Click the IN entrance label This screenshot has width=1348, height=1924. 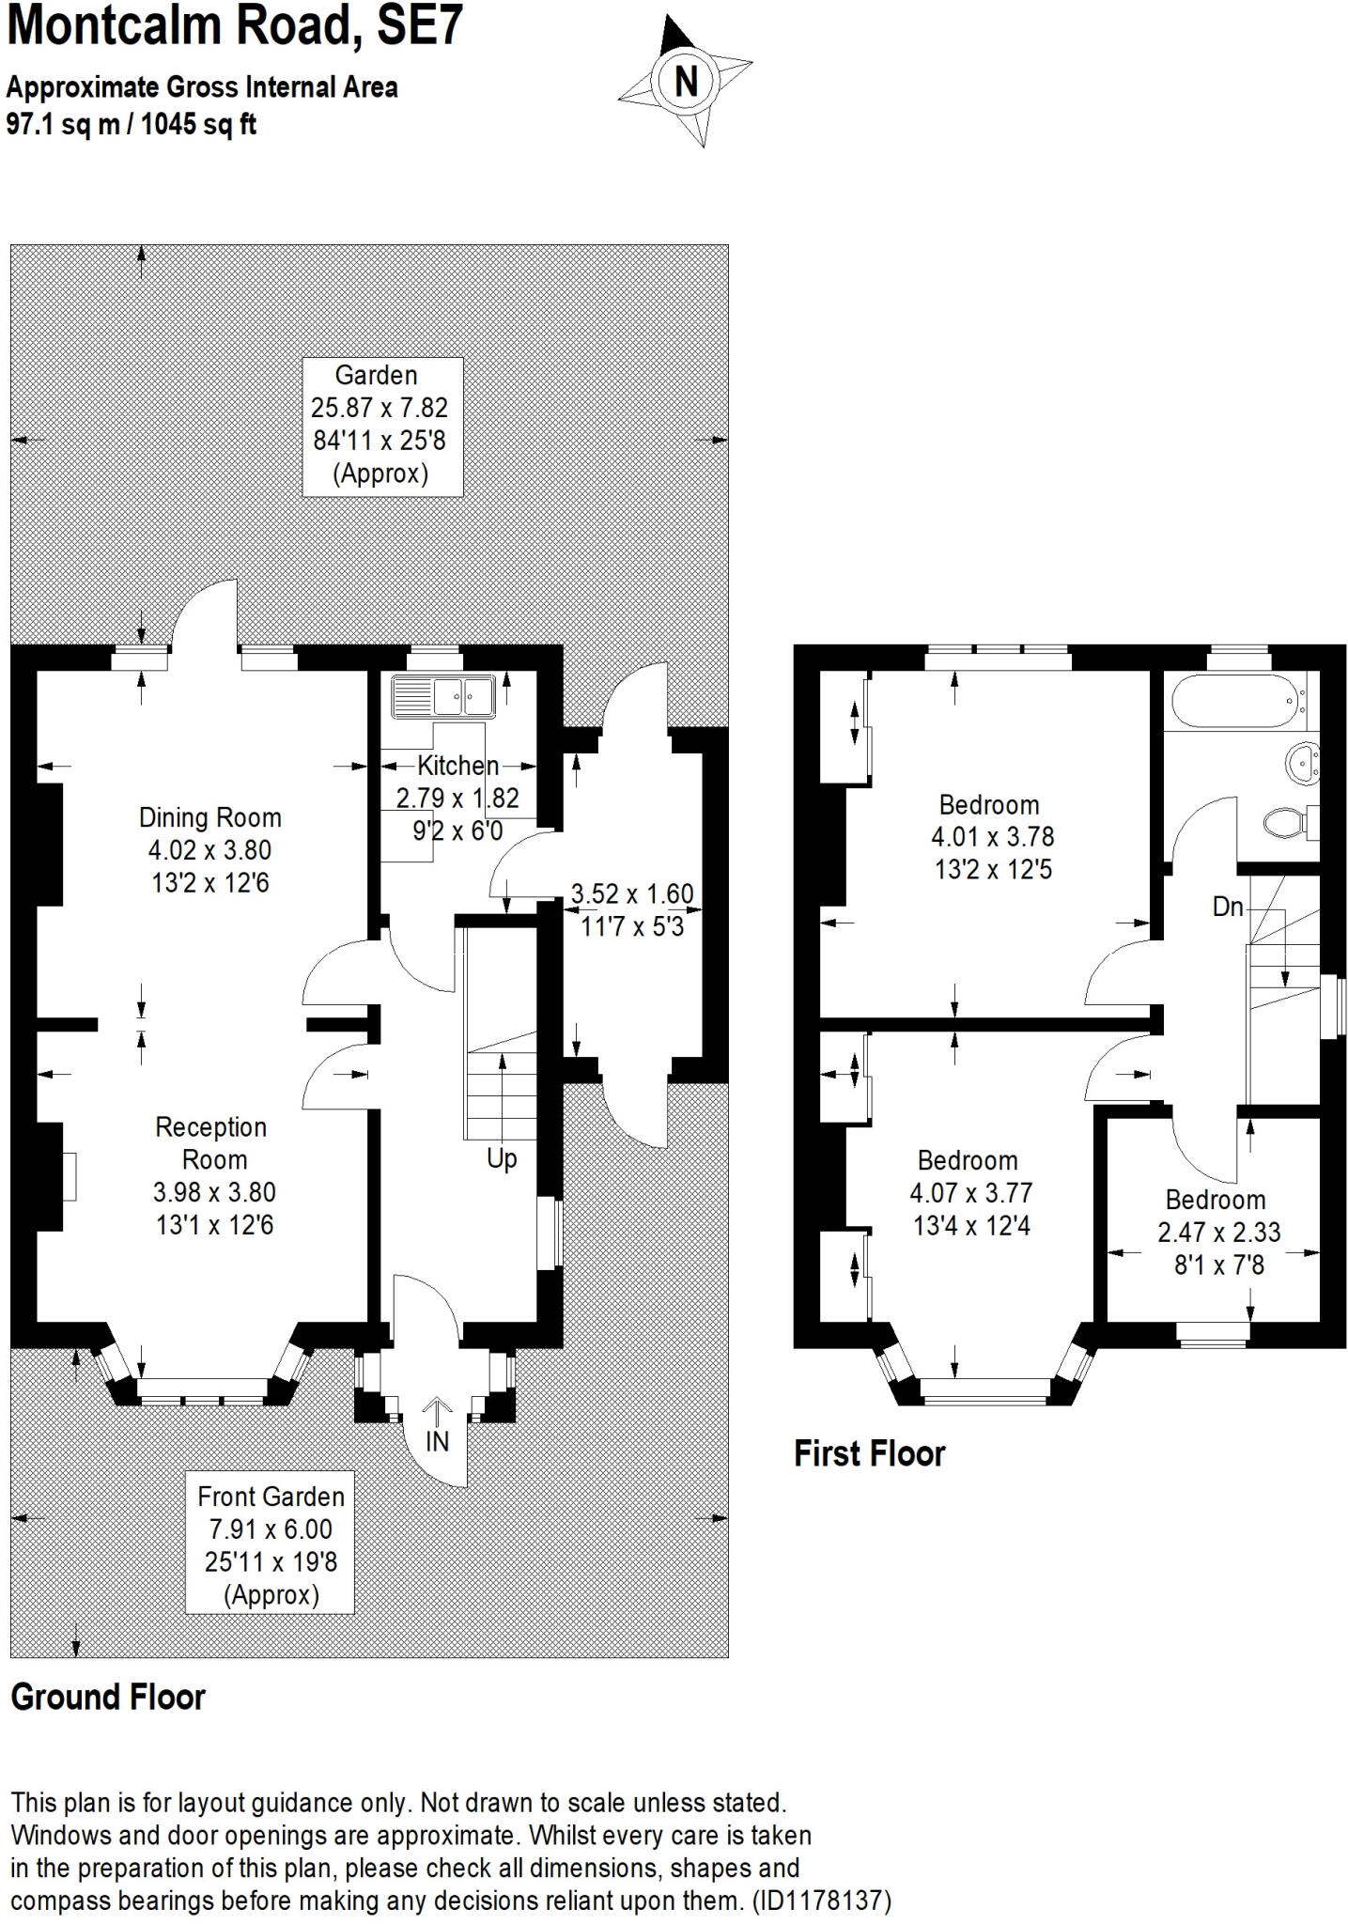tap(438, 1441)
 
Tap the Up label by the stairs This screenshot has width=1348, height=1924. tap(502, 1158)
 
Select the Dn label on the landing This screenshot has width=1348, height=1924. tap(1228, 908)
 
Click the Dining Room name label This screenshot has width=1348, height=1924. tap(210, 817)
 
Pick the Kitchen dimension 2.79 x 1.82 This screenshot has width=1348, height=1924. tap(457, 799)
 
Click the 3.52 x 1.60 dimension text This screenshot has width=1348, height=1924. tap(633, 893)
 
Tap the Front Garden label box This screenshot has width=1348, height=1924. tap(270, 1544)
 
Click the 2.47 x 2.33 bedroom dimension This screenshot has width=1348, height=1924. tap(1218, 1232)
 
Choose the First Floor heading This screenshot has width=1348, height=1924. tap(870, 1453)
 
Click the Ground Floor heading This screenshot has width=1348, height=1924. tap(108, 1697)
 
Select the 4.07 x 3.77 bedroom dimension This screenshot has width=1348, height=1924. tap(970, 1193)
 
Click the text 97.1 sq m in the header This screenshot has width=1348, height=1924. tap(62, 124)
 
